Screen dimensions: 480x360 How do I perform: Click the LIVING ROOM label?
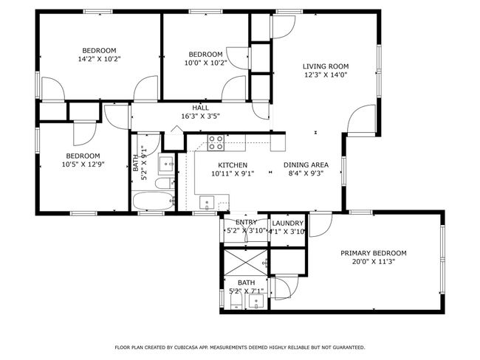[x=326, y=66]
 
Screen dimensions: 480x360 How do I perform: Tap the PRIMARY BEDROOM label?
[x=374, y=253]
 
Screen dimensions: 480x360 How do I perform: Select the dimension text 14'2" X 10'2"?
[x=100, y=59]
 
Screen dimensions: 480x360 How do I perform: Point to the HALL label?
[x=201, y=108]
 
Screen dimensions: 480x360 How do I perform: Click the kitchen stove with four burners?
[x=216, y=143]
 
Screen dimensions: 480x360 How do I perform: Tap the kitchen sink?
[x=207, y=203]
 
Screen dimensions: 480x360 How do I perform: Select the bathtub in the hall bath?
[x=154, y=201]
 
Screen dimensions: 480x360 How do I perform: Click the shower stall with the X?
[x=246, y=263]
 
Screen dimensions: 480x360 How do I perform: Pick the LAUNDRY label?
[x=288, y=224]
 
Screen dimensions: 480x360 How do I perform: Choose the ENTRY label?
[x=246, y=222]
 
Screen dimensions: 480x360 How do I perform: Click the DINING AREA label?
[x=306, y=165]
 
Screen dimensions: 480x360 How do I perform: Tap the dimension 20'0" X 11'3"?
[x=374, y=262]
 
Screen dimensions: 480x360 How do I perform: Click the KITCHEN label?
[x=233, y=165]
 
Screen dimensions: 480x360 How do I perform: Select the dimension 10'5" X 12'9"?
[x=83, y=165]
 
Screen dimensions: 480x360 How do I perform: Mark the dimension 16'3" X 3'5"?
[x=201, y=117]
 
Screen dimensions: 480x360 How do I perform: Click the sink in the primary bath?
[x=256, y=302]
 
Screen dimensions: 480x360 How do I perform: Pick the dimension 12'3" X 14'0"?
[x=326, y=75]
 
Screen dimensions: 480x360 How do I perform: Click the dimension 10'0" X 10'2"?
[x=206, y=63]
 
